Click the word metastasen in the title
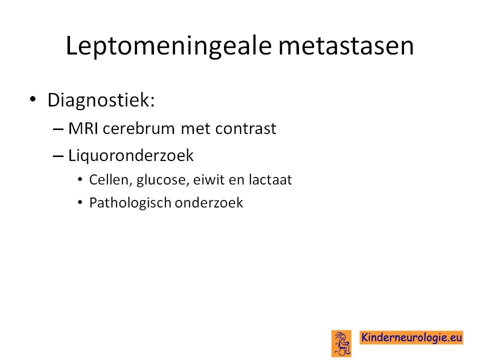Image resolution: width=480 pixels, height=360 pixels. click(346, 46)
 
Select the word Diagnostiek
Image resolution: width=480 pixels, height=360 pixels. click(101, 100)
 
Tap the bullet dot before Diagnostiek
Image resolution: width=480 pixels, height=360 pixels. click(33, 99)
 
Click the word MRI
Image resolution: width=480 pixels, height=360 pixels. click(83, 128)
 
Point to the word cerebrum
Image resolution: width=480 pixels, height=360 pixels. click(139, 128)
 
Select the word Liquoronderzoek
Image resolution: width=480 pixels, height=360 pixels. click(130, 155)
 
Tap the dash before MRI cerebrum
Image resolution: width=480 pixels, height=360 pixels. click(58, 129)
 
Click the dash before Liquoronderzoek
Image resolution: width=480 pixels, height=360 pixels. click(58, 156)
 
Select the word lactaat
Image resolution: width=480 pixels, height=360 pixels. click(270, 179)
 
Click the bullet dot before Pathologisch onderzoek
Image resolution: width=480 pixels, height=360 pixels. click(80, 202)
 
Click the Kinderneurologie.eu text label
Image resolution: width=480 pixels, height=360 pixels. click(411, 337)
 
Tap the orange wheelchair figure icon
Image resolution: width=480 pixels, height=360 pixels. click(341, 343)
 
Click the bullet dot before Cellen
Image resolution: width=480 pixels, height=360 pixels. click(80, 179)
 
